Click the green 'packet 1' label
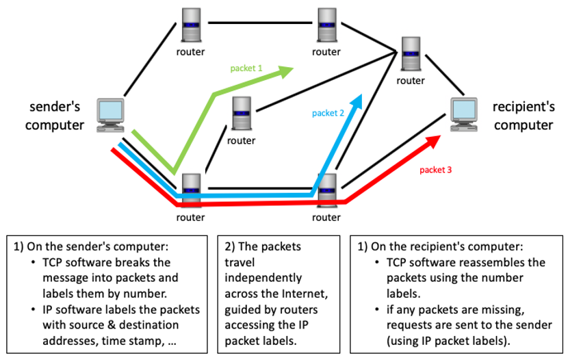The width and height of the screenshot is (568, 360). pos(246,68)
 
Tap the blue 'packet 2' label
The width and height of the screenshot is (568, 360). pos(328,113)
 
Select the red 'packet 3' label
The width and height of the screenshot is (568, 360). pos(435,168)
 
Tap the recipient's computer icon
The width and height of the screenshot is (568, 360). pos(463,114)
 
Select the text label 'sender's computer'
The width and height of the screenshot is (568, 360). pos(55,116)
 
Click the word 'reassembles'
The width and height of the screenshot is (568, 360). pos(511,263)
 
